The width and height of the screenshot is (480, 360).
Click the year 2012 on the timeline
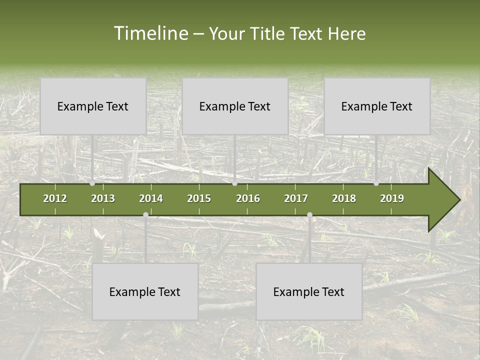pyautogui.click(x=55, y=198)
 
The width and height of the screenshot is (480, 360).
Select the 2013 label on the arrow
pyautogui.click(x=103, y=198)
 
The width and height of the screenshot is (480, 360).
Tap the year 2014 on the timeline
pyautogui.click(x=151, y=198)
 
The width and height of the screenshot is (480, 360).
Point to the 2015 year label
pyautogui.click(x=199, y=198)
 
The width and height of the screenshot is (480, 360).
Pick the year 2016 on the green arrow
pyautogui.click(x=248, y=198)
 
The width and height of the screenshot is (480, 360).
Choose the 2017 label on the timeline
pyautogui.click(x=296, y=198)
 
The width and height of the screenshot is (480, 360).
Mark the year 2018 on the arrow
pyautogui.click(x=344, y=198)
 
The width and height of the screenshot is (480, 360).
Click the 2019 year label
pyautogui.click(x=392, y=198)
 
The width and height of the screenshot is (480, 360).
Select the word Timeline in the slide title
pyautogui.click(x=150, y=33)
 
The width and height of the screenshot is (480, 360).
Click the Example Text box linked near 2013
pyautogui.click(x=93, y=106)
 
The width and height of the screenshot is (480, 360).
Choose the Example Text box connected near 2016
pyautogui.click(x=235, y=106)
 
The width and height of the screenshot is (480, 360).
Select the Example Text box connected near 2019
pyautogui.click(x=377, y=106)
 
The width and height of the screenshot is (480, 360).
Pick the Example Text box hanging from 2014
pyautogui.click(x=145, y=291)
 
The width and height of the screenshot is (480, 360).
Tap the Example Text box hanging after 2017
pyautogui.click(x=309, y=291)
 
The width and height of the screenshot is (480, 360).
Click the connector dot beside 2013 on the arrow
pyautogui.click(x=92, y=183)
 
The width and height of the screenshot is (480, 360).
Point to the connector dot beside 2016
pyautogui.click(x=235, y=183)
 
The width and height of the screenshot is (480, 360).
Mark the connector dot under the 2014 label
pyautogui.click(x=145, y=214)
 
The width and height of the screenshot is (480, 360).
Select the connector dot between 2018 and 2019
pyautogui.click(x=376, y=183)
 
